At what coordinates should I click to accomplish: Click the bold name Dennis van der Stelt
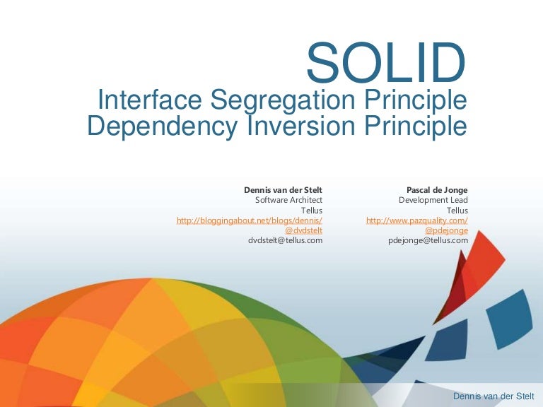point(283,190)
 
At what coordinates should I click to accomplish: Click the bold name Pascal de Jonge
point(437,190)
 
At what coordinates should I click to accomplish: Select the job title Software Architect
point(288,200)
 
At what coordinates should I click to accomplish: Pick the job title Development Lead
point(433,200)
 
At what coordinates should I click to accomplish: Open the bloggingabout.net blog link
point(250,220)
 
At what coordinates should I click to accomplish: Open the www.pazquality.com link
point(416,220)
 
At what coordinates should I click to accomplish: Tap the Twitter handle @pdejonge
point(446,230)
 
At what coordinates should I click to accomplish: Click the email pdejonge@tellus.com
point(428,240)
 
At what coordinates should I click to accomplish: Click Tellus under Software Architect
point(312,210)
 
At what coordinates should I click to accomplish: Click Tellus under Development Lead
point(457,210)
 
